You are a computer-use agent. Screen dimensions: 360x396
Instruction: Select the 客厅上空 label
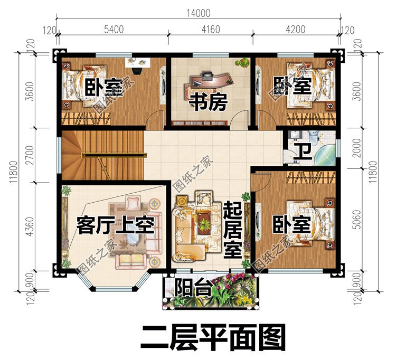(x=115, y=226)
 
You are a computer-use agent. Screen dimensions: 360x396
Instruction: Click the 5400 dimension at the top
(x=114, y=30)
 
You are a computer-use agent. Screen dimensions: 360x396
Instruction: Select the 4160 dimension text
(x=210, y=30)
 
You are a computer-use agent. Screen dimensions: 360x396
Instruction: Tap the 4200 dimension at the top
(x=296, y=30)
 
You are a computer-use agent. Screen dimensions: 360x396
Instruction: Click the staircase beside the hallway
(x=100, y=155)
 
